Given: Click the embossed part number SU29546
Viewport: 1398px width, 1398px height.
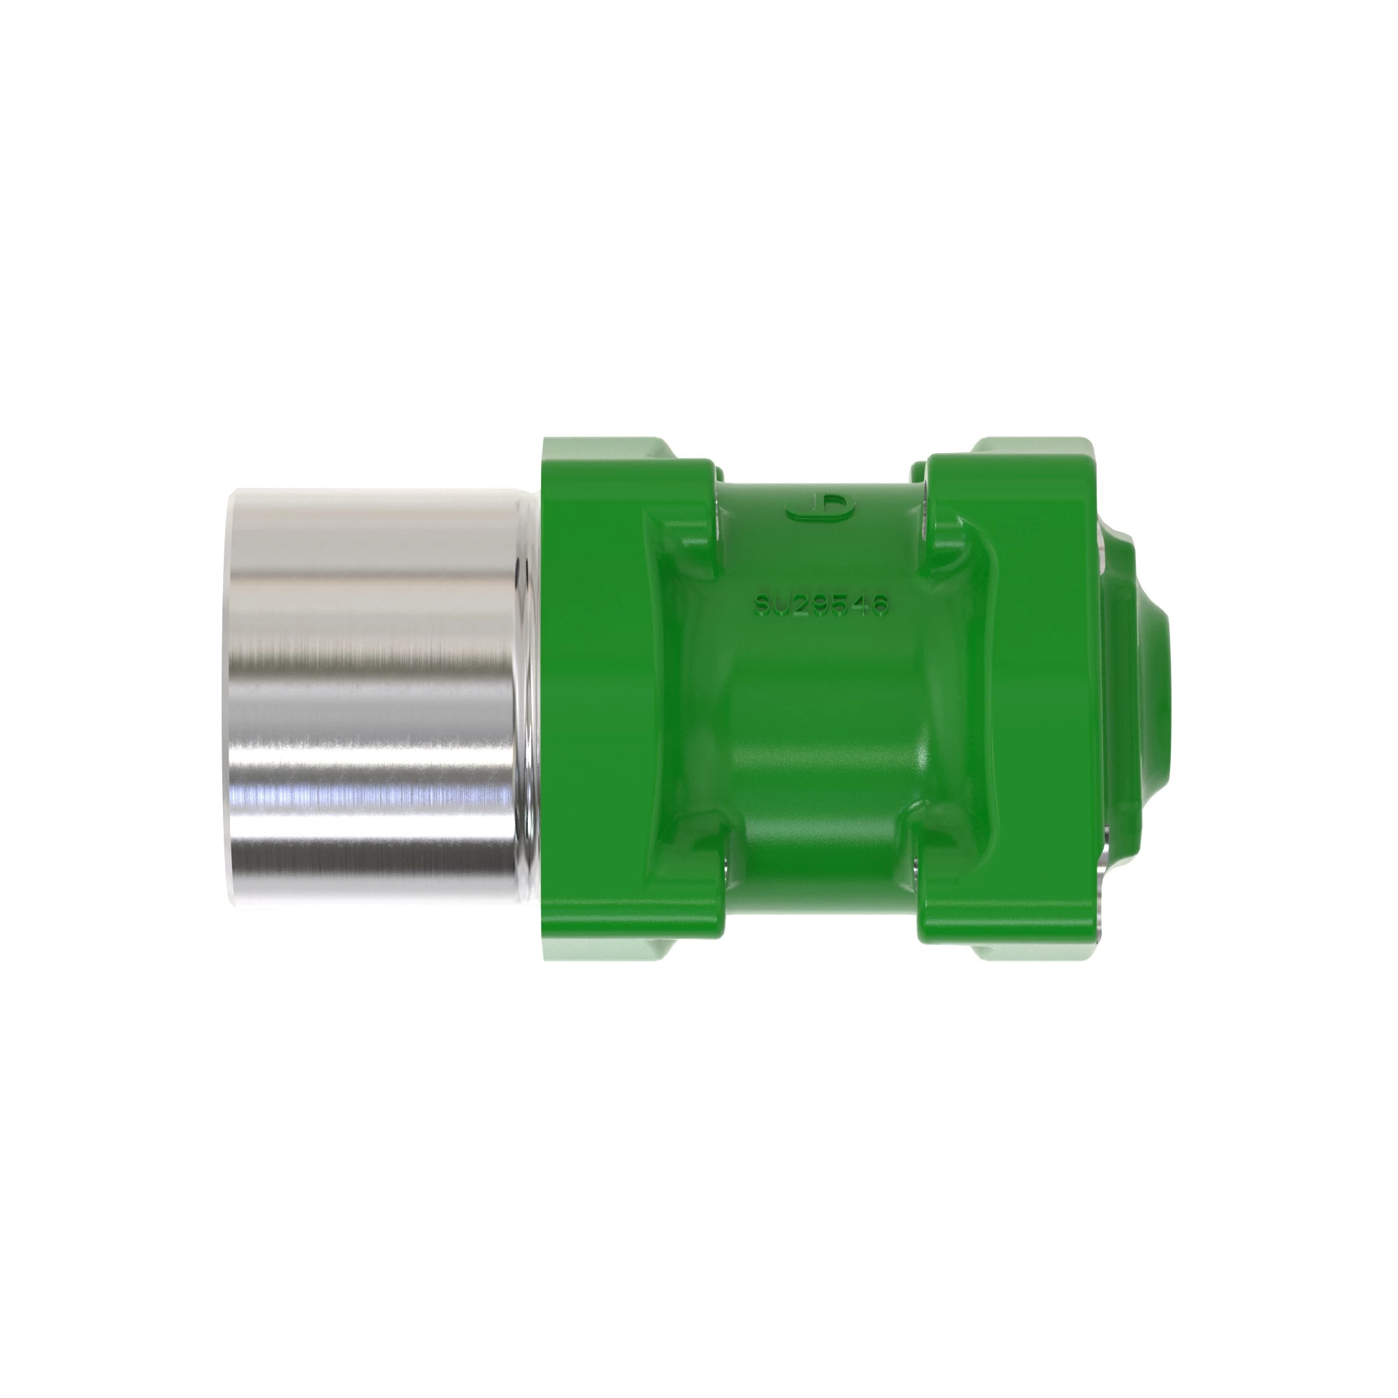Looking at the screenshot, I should click(x=821, y=605).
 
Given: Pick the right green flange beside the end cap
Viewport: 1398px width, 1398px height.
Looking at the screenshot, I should click(x=1013, y=695).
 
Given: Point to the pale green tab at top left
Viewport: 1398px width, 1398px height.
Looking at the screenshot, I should click(x=608, y=449).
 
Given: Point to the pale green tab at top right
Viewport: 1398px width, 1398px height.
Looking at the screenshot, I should click(x=1028, y=449).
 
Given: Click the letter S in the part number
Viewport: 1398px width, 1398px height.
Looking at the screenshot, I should click(x=762, y=605).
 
